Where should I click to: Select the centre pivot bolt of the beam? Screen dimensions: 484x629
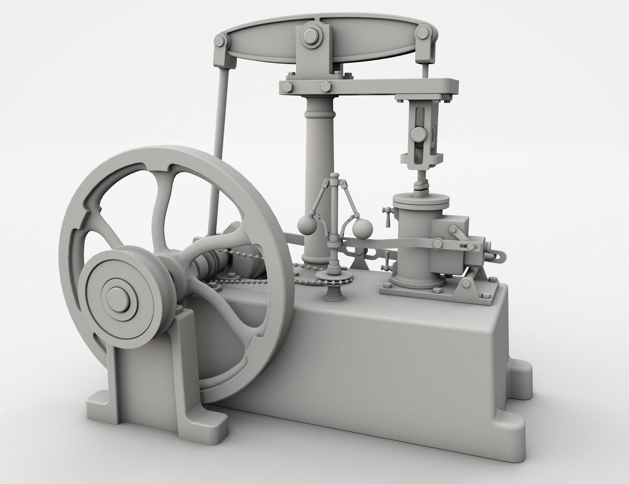click(310, 35)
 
